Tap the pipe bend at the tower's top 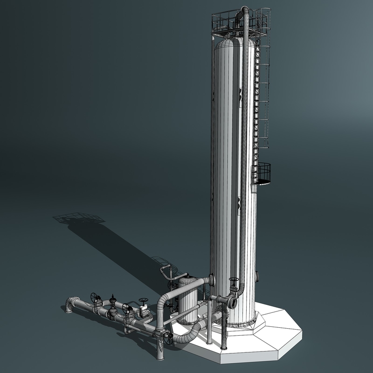coord(243,11)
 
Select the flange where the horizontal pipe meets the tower coord(213,280)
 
